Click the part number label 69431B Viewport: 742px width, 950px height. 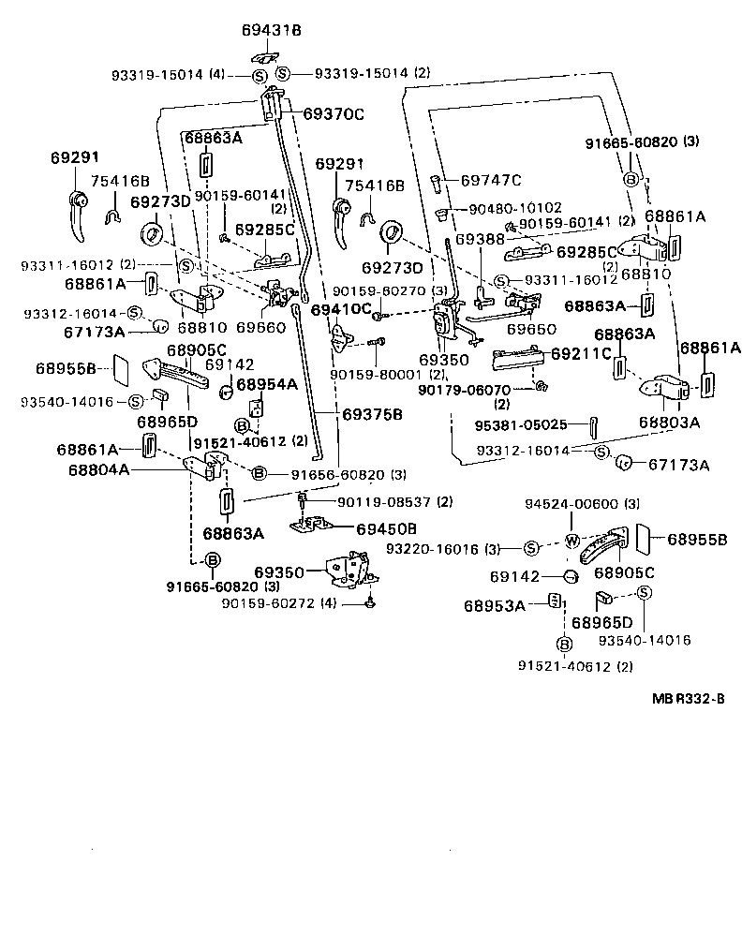(x=272, y=30)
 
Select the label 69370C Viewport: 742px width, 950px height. (x=333, y=114)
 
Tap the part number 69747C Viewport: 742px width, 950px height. (x=491, y=180)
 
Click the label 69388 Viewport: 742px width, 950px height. (x=475, y=240)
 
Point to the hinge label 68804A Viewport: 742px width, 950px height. (x=98, y=468)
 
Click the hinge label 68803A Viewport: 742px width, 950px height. (x=670, y=422)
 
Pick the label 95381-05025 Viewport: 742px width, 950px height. (x=521, y=424)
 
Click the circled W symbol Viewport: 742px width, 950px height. (x=570, y=540)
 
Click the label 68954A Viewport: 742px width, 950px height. (x=266, y=384)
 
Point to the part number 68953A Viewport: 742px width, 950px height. (x=494, y=605)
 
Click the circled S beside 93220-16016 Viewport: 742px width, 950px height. (x=529, y=548)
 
